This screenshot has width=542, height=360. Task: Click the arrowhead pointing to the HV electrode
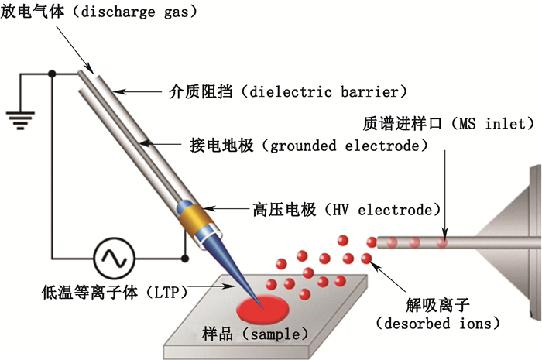coord(218,208)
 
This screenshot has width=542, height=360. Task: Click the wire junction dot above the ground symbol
coord(52,74)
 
